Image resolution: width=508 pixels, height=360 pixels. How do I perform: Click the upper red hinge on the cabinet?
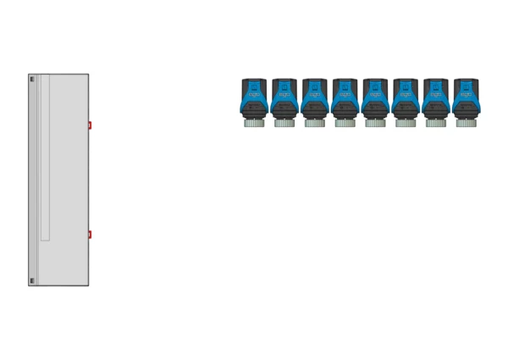[x=90, y=125]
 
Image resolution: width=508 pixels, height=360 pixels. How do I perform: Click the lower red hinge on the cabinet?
[x=90, y=235]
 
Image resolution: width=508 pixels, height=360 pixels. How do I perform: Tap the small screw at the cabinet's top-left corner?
[x=32, y=79]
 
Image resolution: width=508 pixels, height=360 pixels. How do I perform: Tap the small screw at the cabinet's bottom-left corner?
[x=32, y=280]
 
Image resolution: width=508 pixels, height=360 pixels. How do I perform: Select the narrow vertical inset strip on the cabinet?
[x=45, y=158]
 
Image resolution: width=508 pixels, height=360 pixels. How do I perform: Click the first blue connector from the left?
[x=254, y=100]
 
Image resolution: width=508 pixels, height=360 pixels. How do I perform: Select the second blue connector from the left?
[x=284, y=100]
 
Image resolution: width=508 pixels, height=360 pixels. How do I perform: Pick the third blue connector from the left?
[x=314, y=100]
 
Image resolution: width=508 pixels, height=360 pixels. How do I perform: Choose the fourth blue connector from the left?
[x=345, y=100]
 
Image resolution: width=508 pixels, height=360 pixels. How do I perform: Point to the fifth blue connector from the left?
[x=375, y=100]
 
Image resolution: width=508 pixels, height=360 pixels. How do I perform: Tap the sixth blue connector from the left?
[x=405, y=100]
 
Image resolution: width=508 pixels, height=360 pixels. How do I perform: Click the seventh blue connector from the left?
[x=435, y=100]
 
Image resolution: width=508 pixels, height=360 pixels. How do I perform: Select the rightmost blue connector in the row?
[x=466, y=100]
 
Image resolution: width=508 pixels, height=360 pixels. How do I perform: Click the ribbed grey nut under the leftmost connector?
[x=254, y=123]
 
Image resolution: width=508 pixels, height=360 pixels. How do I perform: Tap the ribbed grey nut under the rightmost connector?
[x=466, y=123]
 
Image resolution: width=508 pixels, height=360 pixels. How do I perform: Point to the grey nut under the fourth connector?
[x=345, y=123]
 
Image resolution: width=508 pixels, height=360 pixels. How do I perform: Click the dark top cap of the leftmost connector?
[x=254, y=82]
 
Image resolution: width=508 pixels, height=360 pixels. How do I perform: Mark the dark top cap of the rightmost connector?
[x=466, y=82]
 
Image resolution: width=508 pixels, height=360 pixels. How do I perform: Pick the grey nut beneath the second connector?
[x=284, y=123]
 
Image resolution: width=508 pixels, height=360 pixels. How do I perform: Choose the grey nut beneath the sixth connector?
[x=405, y=123]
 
